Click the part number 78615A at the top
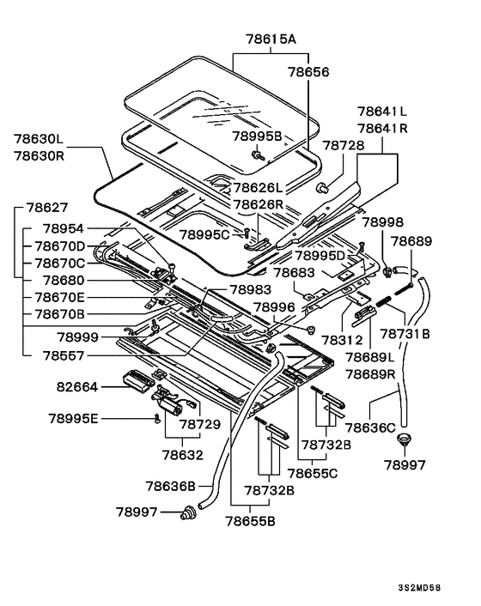point(271,39)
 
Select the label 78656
point(308,72)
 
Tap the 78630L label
point(39,138)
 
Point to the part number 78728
point(343,145)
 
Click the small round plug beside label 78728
point(322,189)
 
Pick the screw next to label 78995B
point(257,155)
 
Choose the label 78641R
point(382,128)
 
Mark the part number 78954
point(63,228)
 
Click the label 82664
point(77,386)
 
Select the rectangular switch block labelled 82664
point(138,380)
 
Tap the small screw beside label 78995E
point(157,418)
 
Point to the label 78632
point(182,455)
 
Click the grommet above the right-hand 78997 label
point(404,439)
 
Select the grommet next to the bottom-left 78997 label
point(189,512)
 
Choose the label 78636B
point(171,486)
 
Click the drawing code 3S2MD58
point(419,588)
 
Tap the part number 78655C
point(313,473)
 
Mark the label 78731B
point(405,333)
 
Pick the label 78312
point(343,340)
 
